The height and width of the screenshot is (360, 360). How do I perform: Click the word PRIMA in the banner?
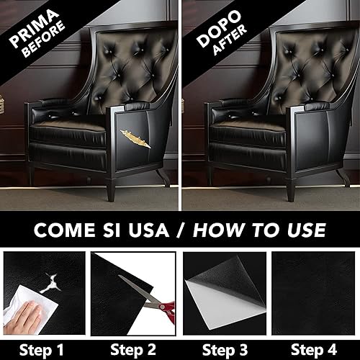(x=35, y=28)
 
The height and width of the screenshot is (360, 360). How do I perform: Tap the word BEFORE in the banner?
(x=45, y=40)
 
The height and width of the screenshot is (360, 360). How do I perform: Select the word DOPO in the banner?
(x=219, y=29)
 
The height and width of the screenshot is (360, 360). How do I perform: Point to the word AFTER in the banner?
(x=230, y=40)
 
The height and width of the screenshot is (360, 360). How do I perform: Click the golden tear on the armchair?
(x=135, y=139)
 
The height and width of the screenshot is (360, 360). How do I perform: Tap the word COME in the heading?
(x=65, y=230)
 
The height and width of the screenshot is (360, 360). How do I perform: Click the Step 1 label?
(x=42, y=350)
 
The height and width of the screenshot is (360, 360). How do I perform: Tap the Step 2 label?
(x=133, y=350)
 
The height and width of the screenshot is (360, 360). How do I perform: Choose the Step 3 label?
(x=225, y=350)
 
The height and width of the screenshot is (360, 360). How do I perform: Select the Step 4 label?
(x=314, y=350)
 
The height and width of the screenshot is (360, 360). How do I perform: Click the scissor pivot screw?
(x=162, y=307)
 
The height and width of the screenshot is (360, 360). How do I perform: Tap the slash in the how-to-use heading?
(x=181, y=230)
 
